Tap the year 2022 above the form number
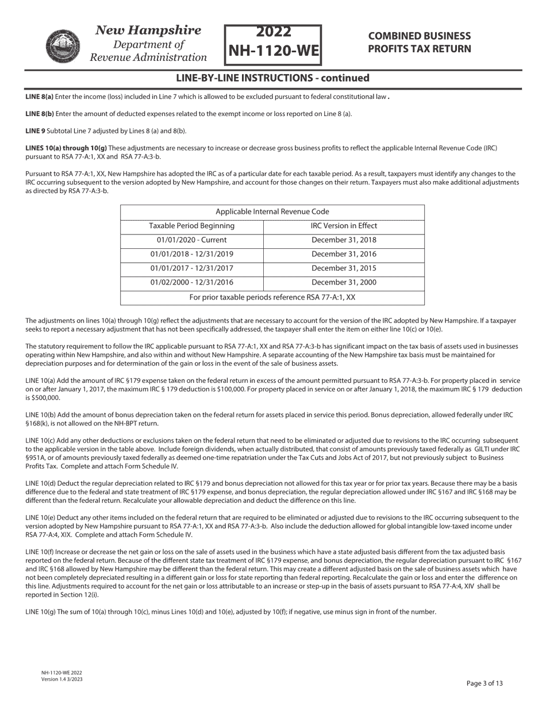click(272, 32)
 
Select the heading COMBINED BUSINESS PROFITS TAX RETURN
click(420, 43)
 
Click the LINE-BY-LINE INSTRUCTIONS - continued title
click(272, 78)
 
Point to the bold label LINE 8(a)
click(39, 97)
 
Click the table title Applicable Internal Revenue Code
click(272, 212)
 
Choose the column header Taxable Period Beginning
click(192, 226)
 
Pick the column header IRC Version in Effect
click(344, 226)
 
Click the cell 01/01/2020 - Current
click(192, 240)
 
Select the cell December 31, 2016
click(344, 254)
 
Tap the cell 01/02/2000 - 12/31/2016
click(192, 282)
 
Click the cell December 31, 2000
click(344, 282)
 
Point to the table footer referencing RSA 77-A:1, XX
click(272, 297)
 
